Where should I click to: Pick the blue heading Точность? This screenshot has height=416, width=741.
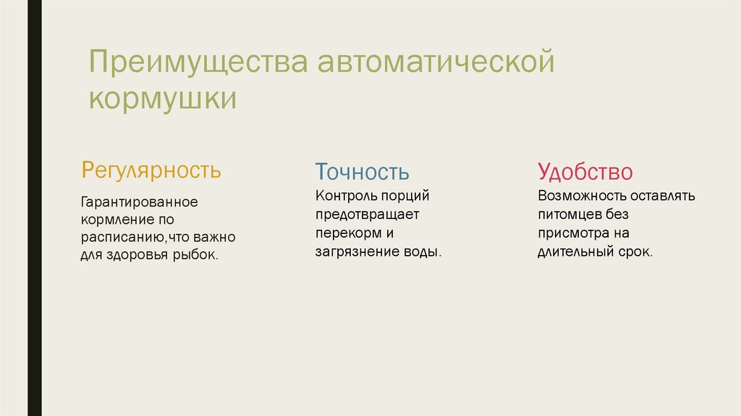tap(362, 172)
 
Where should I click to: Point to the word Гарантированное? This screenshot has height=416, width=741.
tap(140, 201)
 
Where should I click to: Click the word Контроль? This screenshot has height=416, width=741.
tap(342, 196)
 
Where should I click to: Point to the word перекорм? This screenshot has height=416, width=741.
tap(347, 233)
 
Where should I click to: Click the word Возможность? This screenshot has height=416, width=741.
tap(582, 196)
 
